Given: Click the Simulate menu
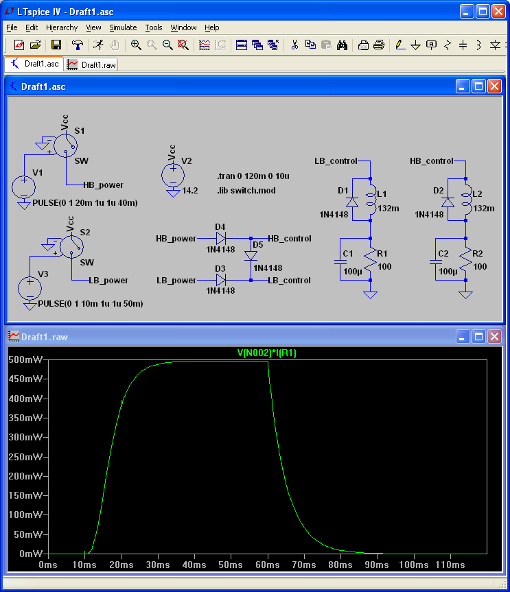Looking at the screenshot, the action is (x=123, y=27).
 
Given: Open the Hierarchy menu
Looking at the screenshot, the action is (x=62, y=27).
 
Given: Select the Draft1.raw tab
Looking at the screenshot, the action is (x=91, y=64).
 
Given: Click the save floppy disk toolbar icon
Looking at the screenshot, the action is (x=56, y=45).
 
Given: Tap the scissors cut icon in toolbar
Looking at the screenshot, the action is (x=294, y=45).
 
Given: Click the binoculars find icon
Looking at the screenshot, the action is (x=342, y=45).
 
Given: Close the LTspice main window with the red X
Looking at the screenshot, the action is (x=498, y=12).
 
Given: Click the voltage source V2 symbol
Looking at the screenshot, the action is (x=173, y=175).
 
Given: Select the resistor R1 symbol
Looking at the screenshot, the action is (x=370, y=259).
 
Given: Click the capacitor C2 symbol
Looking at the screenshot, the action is (x=436, y=261).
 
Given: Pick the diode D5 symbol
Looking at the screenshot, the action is (x=251, y=256).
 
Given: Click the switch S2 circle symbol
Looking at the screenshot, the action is (x=72, y=247).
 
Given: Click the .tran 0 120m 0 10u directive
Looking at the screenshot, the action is (x=253, y=176).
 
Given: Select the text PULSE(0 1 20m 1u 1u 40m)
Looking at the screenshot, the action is (x=85, y=203).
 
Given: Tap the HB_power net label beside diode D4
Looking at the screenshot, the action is (x=176, y=239).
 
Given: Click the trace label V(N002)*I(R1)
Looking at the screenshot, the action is (x=267, y=353).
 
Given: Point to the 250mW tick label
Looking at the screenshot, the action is (x=25, y=457).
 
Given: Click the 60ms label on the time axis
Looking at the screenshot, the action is (x=268, y=565).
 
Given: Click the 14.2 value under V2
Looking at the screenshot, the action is (x=190, y=191).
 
